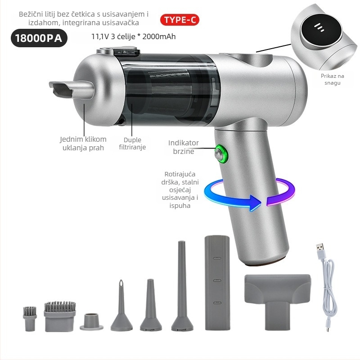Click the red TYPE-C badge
pyautogui.click(x=180, y=20)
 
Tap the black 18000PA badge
pyautogui.click(x=39, y=38)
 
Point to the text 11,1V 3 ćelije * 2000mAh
pyautogui.click(x=133, y=36)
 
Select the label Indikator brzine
pyautogui.click(x=183, y=147)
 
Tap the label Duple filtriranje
pyautogui.click(x=132, y=143)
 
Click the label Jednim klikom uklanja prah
pyautogui.click(x=83, y=143)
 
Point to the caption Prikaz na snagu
pyautogui.click(x=332, y=79)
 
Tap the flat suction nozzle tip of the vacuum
pyautogui.click(x=61, y=89)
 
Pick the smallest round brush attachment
pyautogui.click(x=30, y=319)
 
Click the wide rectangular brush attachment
pyautogui.click(x=60, y=316)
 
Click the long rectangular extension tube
pyautogui.click(x=217, y=283)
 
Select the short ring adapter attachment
pyautogui.click(x=92, y=322)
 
